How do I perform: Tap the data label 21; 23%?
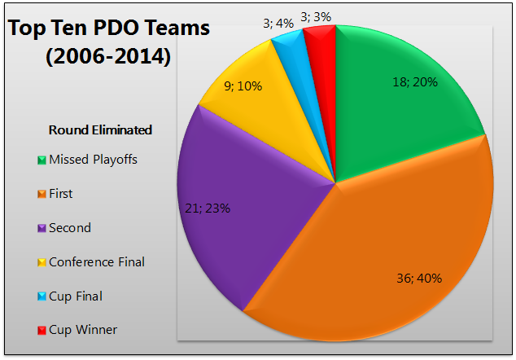click(203, 208)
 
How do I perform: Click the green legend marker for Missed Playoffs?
click(41, 160)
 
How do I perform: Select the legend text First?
click(60, 194)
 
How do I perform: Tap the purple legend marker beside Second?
click(41, 228)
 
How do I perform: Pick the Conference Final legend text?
click(97, 262)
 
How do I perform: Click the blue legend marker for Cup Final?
click(41, 296)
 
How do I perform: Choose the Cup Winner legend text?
click(83, 330)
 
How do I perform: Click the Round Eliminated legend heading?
click(100, 130)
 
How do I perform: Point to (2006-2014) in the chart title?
click(109, 58)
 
